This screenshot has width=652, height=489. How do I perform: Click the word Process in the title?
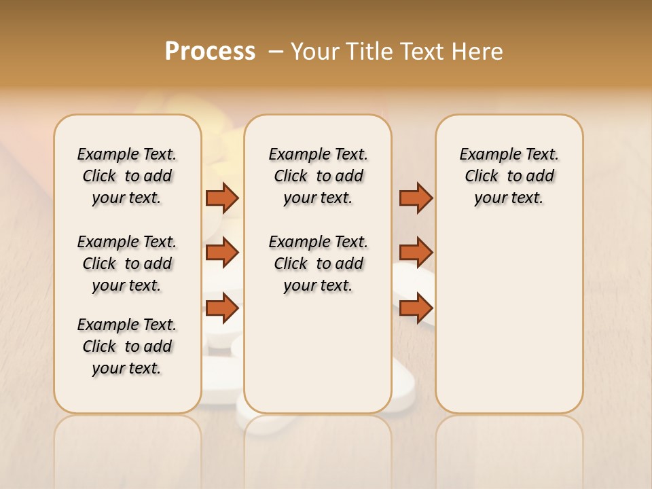pyautogui.click(x=210, y=52)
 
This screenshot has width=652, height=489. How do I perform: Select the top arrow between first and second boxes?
pyautogui.click(x=222, y=198)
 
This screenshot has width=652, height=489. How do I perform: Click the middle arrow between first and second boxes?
pyautogui.click(x=222, y=253)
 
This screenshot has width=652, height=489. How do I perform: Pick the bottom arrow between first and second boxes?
pyautogui.click(x=222, y=308)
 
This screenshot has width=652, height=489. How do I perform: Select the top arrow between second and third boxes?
pyautogui.click(x=416, y=198)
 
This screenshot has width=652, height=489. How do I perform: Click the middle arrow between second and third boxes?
pyautogui.click(x=416, y=253)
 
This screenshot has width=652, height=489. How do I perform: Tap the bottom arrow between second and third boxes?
pyautogui.click(x=416, y=308)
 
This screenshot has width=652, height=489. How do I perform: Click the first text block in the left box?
pyautogui.click(x=127, y=176)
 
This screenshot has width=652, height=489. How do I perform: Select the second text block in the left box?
pyautogui.click(x=127, y=264)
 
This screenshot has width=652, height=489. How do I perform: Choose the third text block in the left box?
pyautogui.click(x=127, y=346)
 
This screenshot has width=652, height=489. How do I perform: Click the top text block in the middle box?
pyautogui.click(x=318, y=176)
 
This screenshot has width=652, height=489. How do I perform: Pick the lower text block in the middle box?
pyautogui.click(x=318, y=264)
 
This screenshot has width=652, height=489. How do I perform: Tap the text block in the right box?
pyautogui.click(x=509, y=176)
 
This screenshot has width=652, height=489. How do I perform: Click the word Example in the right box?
pyautogui.click(x=485, y=155)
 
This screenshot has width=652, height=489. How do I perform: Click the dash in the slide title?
pyautogui.click(x=276, y=52)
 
